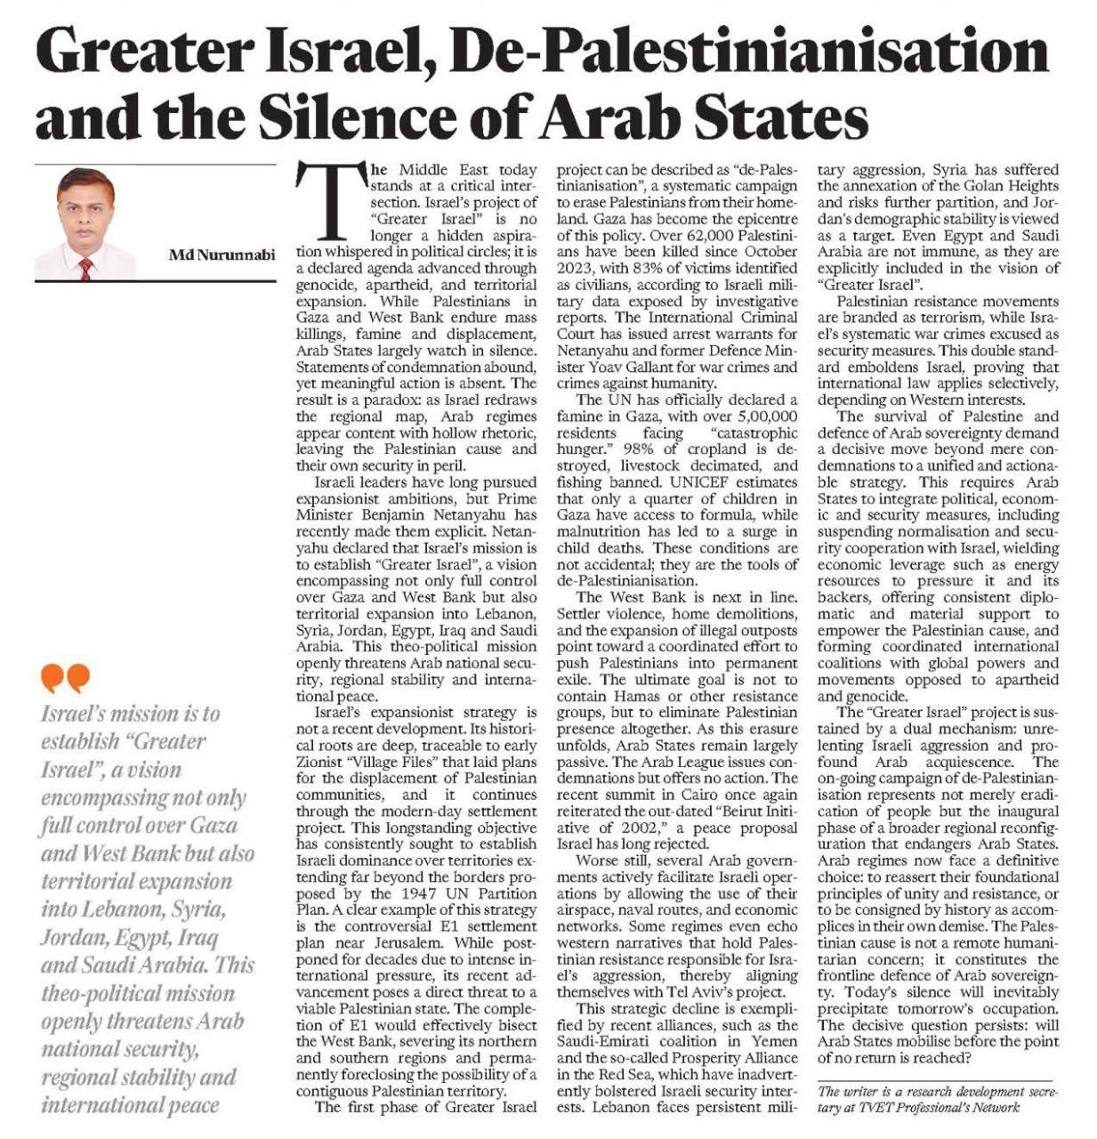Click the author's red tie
(x=85, y=268)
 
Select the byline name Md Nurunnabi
(x=222, y=254)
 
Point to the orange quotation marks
(x=65, y=679)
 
